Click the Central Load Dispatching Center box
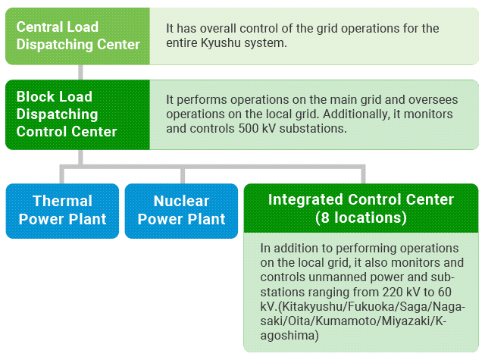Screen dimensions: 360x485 [x=78, y=36]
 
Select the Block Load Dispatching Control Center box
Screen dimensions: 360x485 [x=78, y=114]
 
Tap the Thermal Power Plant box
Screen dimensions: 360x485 [x=63, y=210]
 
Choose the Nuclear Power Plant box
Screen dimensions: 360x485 [x=181, y=210]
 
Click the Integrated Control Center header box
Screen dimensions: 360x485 [x=361, y=208]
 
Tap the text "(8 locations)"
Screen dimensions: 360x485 [x=361, y=218]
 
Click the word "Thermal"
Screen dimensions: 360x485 [x=63, y=201]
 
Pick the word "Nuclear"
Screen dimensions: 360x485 [x=181, y=201]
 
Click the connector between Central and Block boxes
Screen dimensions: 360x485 [x=79, y=72]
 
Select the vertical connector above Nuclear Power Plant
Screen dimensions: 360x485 [x=182, y=174]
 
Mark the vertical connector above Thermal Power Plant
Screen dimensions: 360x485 [x=62, y=174]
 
